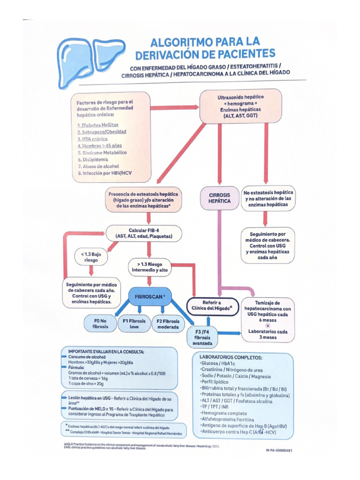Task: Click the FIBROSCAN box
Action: (150, 297)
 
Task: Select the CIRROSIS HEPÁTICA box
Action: (219, 197)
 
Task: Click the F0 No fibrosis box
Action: (100, 323)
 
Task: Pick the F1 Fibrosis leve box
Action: (134, 323)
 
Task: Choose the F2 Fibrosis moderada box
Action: (168, 324)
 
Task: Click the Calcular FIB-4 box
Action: (144, 233)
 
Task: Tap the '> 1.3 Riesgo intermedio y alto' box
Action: (150, 268)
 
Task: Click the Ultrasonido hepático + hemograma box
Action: (240, 106)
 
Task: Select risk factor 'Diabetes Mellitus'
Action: (98, 126)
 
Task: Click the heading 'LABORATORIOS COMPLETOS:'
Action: (231, 357)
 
